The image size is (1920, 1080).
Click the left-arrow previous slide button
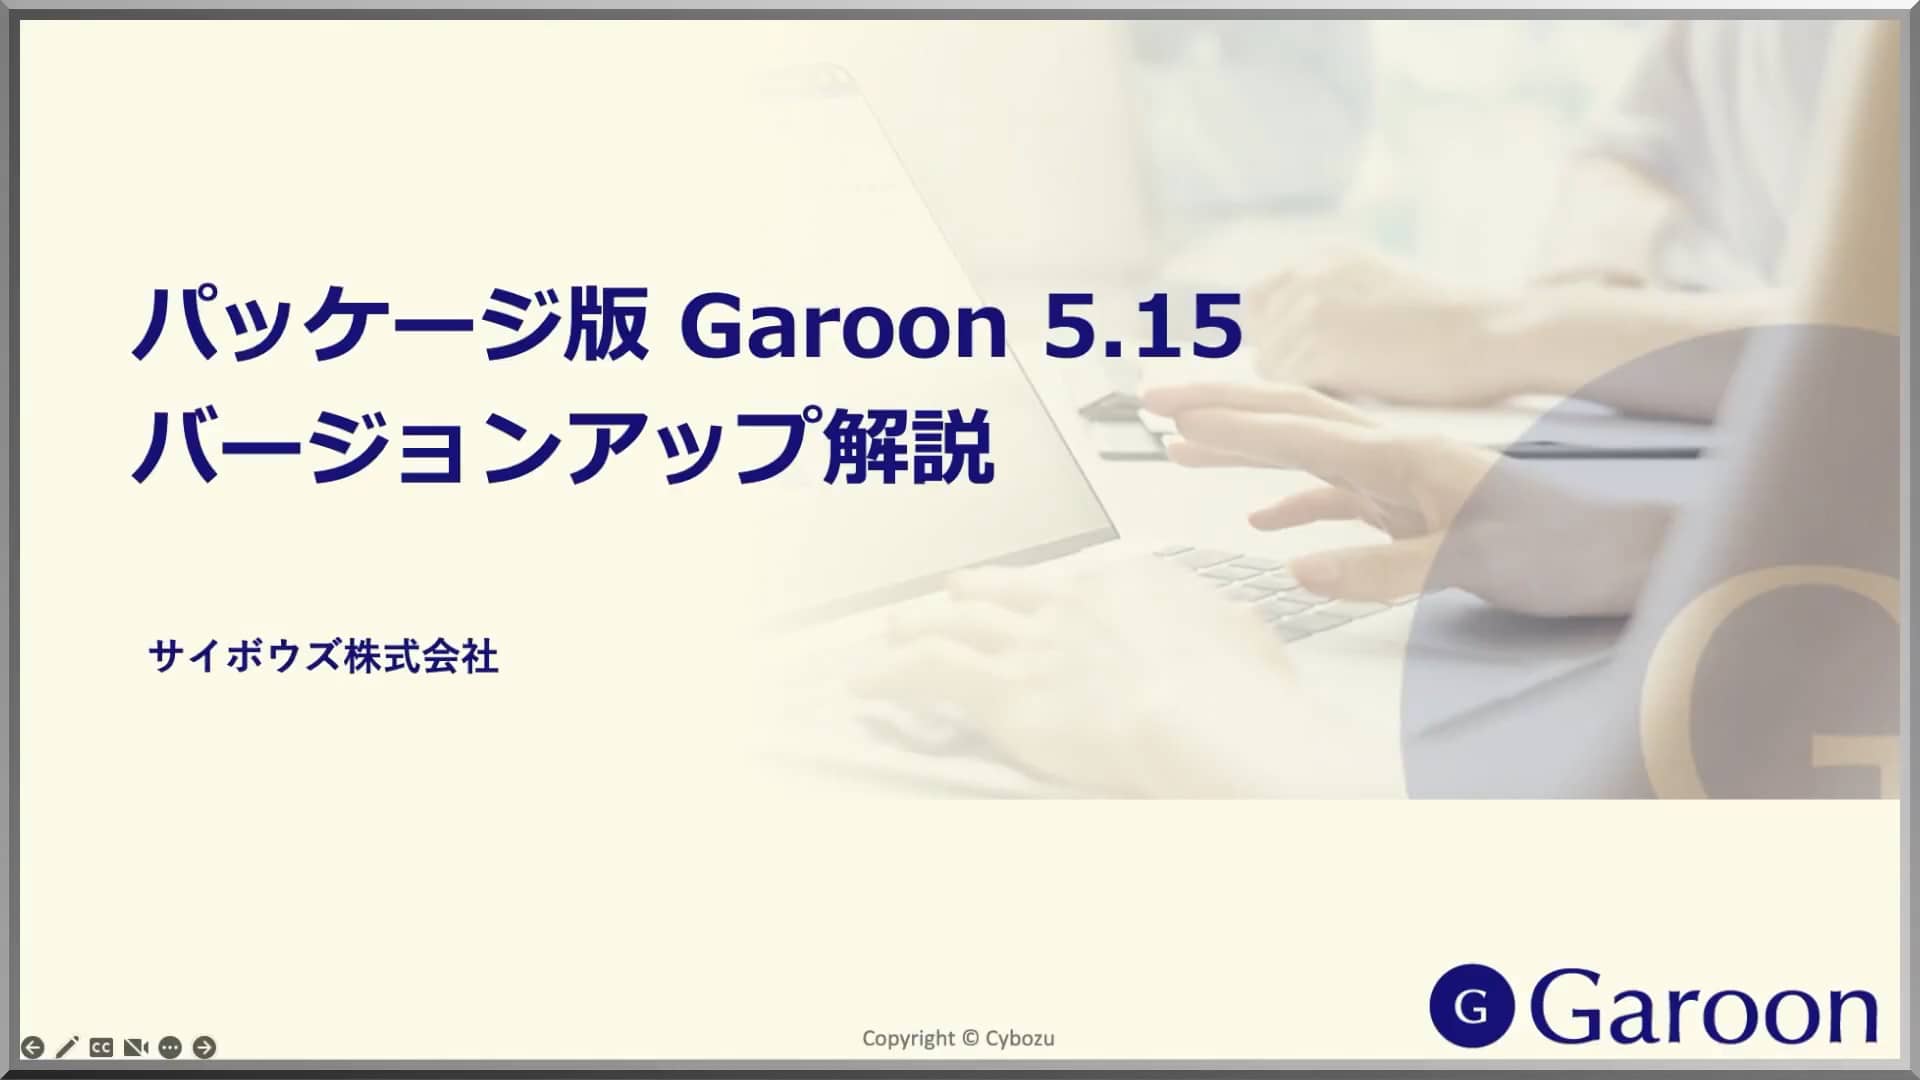coord(32,1047)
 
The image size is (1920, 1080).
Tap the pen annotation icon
coord(67,1047)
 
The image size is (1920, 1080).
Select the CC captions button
coord(101,1047)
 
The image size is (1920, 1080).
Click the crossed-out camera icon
coord(136,1047)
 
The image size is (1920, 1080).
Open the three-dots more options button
coord(170,1047)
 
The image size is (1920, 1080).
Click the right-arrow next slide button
coord(204,1047)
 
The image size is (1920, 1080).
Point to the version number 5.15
coord(1143,326)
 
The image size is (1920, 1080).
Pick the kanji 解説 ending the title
coord(908,447)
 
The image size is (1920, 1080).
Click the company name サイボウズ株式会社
coord(323,657)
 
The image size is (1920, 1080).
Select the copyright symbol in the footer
coord(969,1038)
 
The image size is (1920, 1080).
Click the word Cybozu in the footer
coord(1019,1038)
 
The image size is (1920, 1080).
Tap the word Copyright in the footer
coord(908,1038)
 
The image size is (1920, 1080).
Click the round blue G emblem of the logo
coord(1471,1005)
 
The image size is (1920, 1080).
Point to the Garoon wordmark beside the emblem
coord(1703,1007)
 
